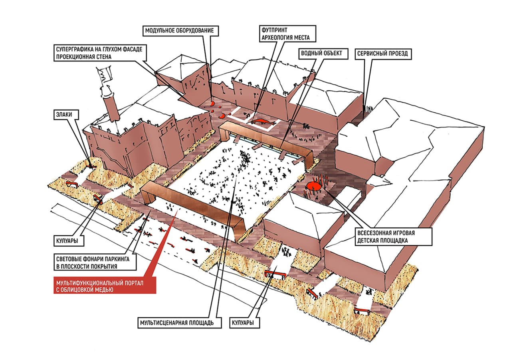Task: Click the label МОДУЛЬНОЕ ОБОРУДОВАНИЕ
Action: pos(180,31)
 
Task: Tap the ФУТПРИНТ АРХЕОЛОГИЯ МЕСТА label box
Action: pos(287,34)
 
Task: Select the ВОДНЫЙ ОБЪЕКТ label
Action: pos(323,54)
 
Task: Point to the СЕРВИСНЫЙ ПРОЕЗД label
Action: pos(383,54)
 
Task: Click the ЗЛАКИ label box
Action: pos(66,115)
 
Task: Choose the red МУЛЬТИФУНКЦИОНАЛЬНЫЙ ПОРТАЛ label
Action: pos(105,286)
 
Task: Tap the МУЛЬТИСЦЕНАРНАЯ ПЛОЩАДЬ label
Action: pos(179,322)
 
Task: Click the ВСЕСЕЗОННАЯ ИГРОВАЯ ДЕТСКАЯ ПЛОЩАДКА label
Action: pos(393,237)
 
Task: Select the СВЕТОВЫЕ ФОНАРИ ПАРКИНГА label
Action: pos(95,263)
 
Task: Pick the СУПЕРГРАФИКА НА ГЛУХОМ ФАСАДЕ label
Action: pos(100,53)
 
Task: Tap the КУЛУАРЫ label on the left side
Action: pos(69,241)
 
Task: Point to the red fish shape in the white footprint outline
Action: pos(263,121)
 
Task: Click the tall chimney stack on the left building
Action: pos(111,108)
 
